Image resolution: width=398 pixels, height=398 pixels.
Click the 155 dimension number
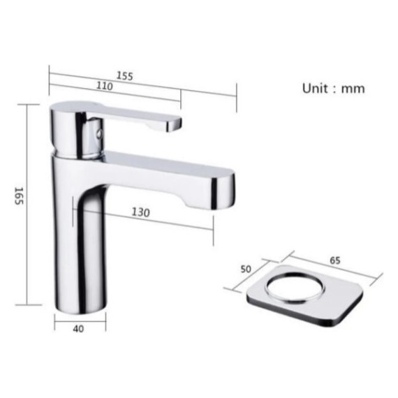(x=124, y=76)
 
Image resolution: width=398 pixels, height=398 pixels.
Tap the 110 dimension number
(x=104, y=86)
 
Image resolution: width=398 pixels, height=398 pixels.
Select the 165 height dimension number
(x=19, y=196)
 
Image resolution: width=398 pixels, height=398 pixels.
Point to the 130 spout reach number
(x=140, y=212)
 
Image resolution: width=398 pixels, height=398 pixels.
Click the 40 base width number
(x=78, y=329)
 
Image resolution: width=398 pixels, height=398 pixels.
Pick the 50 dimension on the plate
(x=246, y=269)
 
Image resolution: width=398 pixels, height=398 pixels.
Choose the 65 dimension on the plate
(x=335, y=260)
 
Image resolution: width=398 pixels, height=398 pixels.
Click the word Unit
(x=315, y=89)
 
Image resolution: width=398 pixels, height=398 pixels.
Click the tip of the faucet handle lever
(x=179, y=124)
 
